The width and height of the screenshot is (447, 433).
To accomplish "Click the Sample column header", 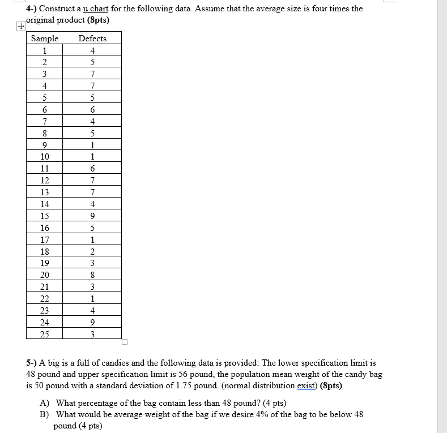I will click(x=44, y=38).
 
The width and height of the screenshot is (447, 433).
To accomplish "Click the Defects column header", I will click(x=92, y=38).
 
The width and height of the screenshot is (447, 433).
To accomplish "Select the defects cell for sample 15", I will click(x=92, y=216).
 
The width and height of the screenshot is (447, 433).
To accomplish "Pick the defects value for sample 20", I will click(x=92, y=275).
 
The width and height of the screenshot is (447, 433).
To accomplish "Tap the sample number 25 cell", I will click(x=44, y=334).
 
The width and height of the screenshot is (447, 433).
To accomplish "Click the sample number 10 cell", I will click(x=44, y=156).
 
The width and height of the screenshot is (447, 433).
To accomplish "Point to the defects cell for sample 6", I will click(x=92, y=109).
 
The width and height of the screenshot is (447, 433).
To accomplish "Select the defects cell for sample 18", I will click(x=92, y=251).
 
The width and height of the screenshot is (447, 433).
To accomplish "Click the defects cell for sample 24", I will click(x=92, y=322).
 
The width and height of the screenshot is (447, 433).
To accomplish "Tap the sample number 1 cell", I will click(x=44, y=50).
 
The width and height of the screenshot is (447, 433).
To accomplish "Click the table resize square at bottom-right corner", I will click(x=125, y=342).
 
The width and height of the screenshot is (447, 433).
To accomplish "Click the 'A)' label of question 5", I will click(x=44, y=403).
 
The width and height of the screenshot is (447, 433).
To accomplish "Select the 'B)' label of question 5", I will click(x=44, y=414).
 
